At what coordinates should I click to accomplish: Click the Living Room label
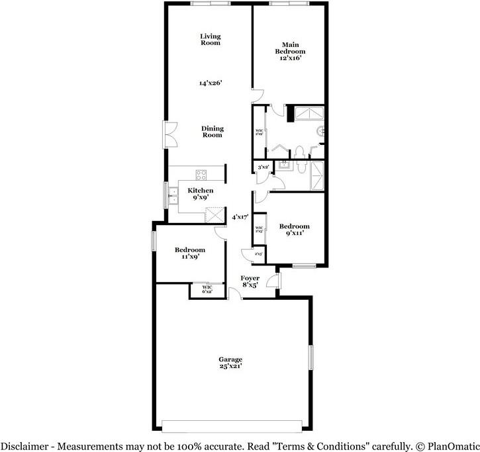pos(211,40)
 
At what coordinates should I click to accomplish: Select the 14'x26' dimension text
pos(211,83)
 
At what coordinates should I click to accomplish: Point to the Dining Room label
pos(213,132)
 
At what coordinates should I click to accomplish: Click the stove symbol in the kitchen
pos(201,175)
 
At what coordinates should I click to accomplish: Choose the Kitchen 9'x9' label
pos(201,194)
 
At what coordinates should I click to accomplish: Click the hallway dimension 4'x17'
pos(240,216)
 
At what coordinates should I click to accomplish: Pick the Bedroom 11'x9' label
pos(190,253)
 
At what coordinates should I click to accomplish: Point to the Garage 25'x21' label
pos(230,363)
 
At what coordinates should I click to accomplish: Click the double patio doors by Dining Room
pos(170,136)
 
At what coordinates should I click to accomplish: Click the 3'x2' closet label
pos(263,167)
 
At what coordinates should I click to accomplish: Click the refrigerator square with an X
pos(215,216)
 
